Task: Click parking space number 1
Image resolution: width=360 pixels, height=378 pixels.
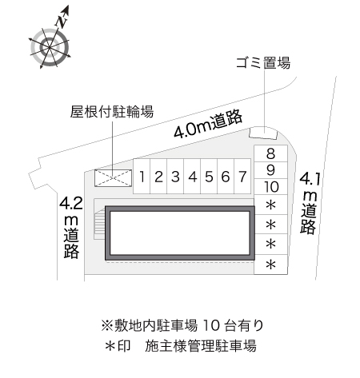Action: (x=142, y=177)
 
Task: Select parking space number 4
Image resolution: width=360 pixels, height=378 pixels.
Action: (x=192, y=177)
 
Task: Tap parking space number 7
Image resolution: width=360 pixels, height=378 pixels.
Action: (x=242, y=177)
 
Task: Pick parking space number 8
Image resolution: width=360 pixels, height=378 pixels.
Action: (x=270, y=153)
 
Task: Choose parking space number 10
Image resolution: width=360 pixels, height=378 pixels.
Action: (x=270, y=187)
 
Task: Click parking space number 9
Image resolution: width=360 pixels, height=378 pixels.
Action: (x=270, y=170)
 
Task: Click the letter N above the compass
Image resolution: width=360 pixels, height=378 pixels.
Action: (x=62, y=22)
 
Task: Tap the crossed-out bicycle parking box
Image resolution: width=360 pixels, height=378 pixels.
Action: (x=114, y=178)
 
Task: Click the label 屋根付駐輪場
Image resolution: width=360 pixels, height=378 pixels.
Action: (x=112, y=112)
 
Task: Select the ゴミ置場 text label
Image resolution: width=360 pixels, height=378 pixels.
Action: (x=263, y=63)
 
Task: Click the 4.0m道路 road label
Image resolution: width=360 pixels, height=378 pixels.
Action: (x=208, y=123)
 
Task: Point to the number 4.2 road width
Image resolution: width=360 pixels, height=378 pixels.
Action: (x=71, y=204)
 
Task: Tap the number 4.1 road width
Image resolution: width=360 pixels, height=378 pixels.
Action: (x=310, y=180)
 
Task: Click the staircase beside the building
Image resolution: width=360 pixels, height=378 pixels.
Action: (x=100, y=224)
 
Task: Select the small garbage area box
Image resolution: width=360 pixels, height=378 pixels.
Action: (x=263, y=133)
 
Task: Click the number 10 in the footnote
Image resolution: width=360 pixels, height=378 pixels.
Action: (x=211, y=325)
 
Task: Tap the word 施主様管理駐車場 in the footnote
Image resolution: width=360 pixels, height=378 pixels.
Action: (x=201, y=346)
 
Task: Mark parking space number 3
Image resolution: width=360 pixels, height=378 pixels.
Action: (x=175, y=177)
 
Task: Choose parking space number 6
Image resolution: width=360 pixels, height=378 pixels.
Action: (x=226, y=177)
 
